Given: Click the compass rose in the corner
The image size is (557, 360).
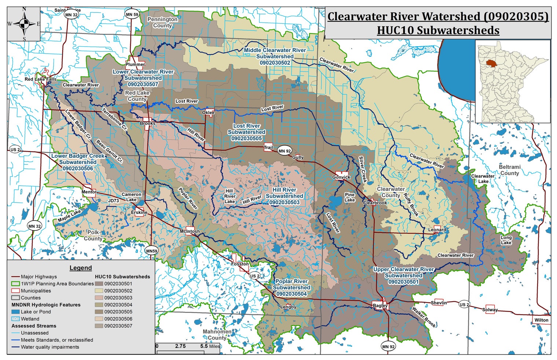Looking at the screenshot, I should point(23,24).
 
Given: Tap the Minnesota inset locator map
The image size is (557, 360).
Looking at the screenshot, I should point(513,81).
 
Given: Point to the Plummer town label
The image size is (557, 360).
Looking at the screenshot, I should point(135,64).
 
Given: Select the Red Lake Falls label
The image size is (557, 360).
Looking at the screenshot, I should point(40,79).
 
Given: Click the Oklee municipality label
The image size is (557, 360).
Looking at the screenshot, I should point(208,113).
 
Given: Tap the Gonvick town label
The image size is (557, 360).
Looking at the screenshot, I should point(341,177).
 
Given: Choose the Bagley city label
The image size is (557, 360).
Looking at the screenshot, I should point(380,305).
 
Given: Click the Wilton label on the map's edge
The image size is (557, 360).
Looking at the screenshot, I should point(541,320).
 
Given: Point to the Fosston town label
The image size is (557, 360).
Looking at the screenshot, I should point(240,264).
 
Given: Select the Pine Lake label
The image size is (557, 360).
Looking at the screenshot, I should point(349,197).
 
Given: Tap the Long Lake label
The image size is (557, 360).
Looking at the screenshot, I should point(506,240).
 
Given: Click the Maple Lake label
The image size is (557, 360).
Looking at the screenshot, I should point(69,216).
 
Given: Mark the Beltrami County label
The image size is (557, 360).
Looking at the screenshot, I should point(510,170).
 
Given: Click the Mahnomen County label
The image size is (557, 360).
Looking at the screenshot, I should point(217,335).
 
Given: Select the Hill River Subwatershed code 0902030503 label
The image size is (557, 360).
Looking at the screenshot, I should point(284,202).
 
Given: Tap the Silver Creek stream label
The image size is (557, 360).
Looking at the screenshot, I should point(362,169).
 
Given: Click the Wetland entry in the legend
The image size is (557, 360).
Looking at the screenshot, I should point(30,319).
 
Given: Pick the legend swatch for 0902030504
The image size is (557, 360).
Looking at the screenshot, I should point(99,305).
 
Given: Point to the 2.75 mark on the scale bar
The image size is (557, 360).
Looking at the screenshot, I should point(180,346).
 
